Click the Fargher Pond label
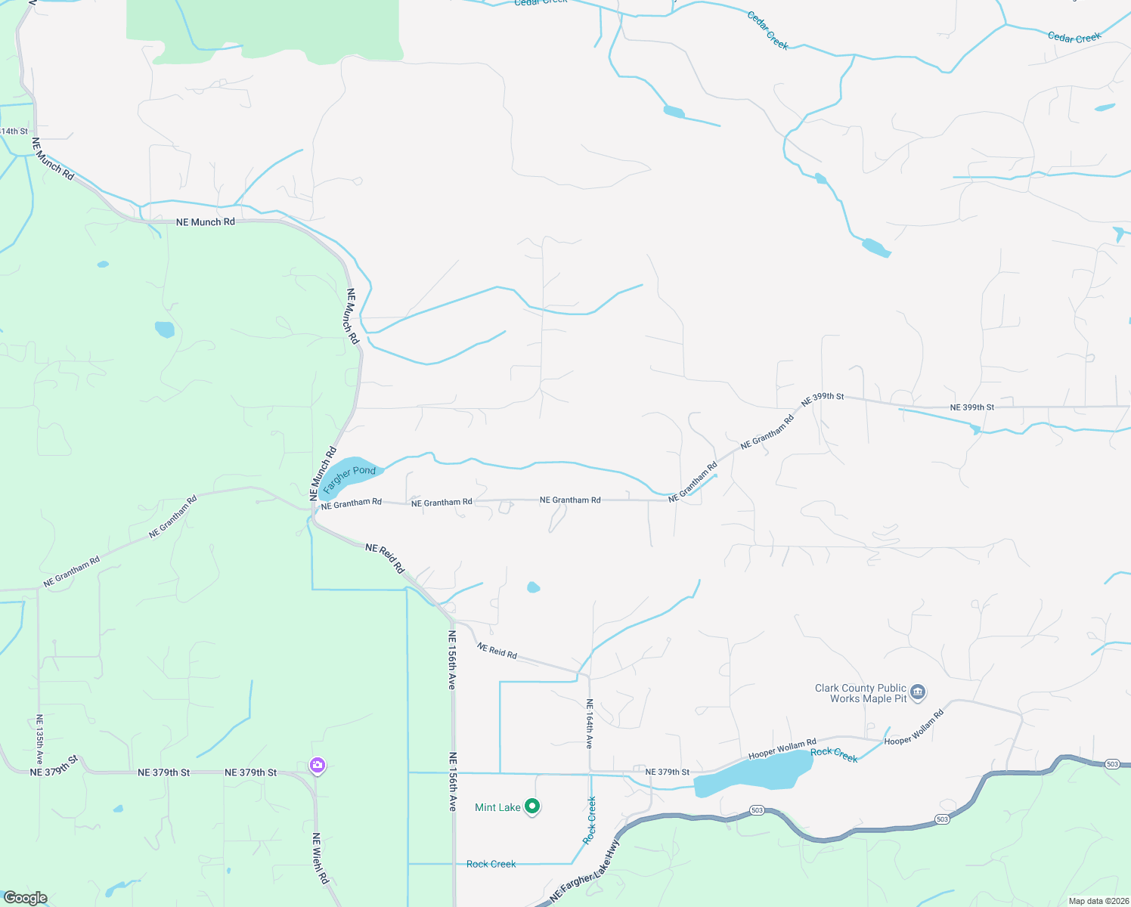[x=349, y=475]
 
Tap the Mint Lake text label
[x=497, y=808]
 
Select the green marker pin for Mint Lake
[x=532, y=807]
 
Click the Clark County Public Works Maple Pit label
[x=861, y=693]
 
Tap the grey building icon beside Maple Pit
[x=919, y=692]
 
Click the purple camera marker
[x=318, y=766]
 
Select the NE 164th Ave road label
[x=590, y=723]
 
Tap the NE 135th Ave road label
[x=39, y=740]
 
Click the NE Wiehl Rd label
[x=321, y=858]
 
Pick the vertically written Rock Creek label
[x=590, y=820]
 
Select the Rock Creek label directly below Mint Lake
[x=491, y=864]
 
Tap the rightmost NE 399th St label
[x=971, y=407]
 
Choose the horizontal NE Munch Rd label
[x=206, y=222]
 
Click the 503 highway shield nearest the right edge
[x=1112, y=765]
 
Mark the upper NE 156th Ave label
[x=452, y=659]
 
